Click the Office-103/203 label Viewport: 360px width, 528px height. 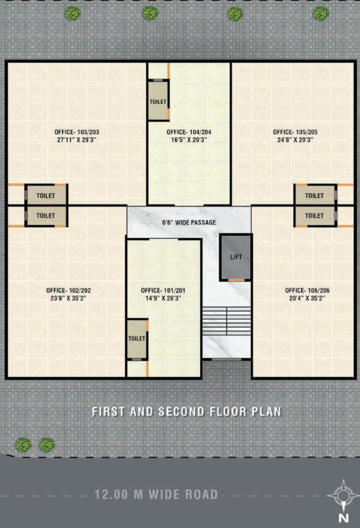(x=77, y=133)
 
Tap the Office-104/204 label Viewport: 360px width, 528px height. (x=189, y=133)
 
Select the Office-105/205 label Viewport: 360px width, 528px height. (x=296, y=133)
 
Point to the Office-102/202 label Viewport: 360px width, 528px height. (x=69, y=290)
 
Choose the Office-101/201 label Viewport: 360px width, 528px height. (x=163, y=290)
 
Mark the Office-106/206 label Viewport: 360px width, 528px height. (x=307, y=290)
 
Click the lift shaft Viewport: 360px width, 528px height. (x=236, y=257)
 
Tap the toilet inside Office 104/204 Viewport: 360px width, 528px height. (x=158, y=101)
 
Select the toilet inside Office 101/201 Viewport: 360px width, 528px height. (x=137, y=339)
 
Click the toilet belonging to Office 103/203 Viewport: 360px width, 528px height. (x=46, y=195)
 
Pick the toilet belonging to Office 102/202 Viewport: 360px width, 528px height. (x=46, y=216)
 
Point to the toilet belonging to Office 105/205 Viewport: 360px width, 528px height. (x=315, y=195)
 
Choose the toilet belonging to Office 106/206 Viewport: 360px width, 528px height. (x=315, y=216)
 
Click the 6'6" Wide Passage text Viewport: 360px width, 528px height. (x=189, y=223)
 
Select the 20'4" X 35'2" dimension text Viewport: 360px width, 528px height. (x=307, y=298)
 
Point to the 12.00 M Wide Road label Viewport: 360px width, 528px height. (x=156, y=494)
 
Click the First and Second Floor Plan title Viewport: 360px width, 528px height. (x=187, y=411)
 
